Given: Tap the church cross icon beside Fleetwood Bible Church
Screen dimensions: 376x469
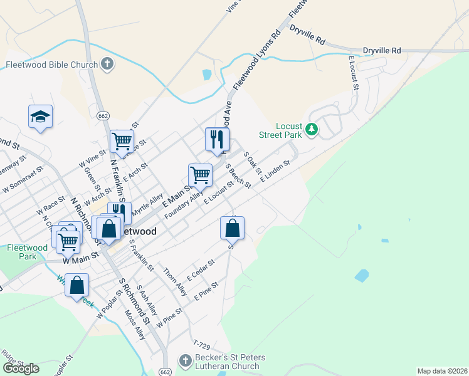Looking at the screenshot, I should click(107, 64).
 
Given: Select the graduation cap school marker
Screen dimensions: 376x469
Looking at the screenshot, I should click(40, 117).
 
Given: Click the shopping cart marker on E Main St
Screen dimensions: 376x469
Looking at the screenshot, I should click(200, 175).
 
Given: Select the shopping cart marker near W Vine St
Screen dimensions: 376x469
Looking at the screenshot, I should click(122, 141).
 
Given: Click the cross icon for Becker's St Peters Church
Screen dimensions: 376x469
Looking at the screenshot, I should click(185, 361).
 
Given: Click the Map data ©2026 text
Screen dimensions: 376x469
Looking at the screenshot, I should click(442, 371).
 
